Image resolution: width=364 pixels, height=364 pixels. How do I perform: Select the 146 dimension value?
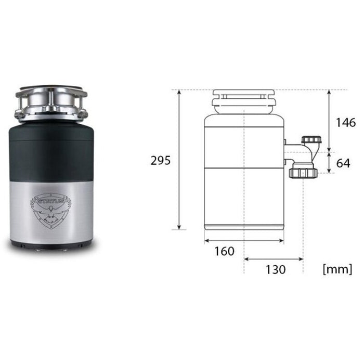[346, 123]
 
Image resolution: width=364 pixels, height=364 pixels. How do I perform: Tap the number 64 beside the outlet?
[343, 163]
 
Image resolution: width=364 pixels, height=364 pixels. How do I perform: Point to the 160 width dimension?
[224, 251]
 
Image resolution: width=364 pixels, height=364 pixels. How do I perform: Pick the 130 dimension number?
[275, 269]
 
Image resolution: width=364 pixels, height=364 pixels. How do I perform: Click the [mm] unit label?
[337, 269]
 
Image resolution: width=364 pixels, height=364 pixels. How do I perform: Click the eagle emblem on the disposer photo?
[51, 212]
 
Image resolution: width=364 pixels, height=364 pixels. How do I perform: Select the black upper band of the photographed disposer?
[51, 151]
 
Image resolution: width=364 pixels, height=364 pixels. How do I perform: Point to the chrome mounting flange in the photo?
[51, 101]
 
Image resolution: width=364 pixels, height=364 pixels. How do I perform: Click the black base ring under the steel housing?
[51, 243]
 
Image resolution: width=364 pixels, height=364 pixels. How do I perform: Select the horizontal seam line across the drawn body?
[243, 167]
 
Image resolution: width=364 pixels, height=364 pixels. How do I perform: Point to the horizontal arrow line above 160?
[243, 240]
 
